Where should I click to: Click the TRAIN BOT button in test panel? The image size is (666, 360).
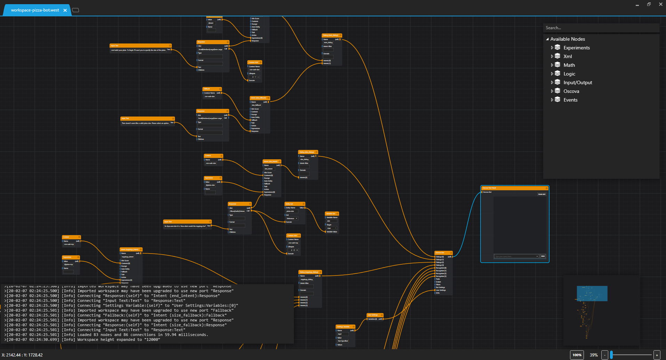click(x=541, y=194)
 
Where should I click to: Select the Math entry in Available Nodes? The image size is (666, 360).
click(x=569, y=65)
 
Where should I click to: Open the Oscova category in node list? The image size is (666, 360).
click(x=571, y=91)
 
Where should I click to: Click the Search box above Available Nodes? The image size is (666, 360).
click(x=601, y=28)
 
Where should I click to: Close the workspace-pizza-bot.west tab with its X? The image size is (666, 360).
click(x=65, y=10)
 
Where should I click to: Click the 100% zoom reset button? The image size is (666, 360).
click(x=577, y=355)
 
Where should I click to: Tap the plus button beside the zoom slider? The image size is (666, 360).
click(x=657, y=355)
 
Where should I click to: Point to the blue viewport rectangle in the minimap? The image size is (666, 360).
click(x=592, y=293)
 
